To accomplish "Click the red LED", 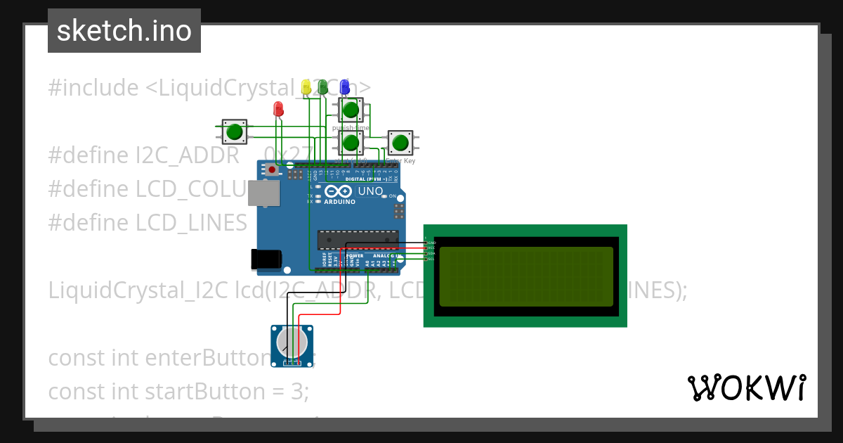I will pyautogui.click(x=278, y=108).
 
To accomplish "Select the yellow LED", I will pyautogui.click(x=306, y=86).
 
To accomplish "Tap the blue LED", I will pyautogui.click(x=344, y=86).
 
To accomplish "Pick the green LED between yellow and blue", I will pyautogui.click(x=323, y=86).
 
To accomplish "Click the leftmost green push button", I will pyautogui.click(x=234, y=131).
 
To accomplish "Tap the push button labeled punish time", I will pyautogui.click(x=351, y=110).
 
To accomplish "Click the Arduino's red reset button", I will pyautogui.click(x=272, y=169).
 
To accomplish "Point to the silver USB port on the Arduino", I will pyautogui.click(x=263, y=193).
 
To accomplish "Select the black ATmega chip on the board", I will pyautogui.click(x=358, y=240).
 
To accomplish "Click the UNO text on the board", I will pyautogui.click(x=370, y=191).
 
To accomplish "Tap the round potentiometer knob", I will pyautogui.click(x=292, y=342).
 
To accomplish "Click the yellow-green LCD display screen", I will pyautogui.click(x=526, y=276).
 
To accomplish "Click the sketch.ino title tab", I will pyautogui.click(x=124, y=31).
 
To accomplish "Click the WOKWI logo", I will pyautogui.click(x=746, y=387).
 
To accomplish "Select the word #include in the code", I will pyautogui.click(x=93, y=88).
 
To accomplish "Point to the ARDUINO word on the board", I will pyautogui.click(x=340, y=202).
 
